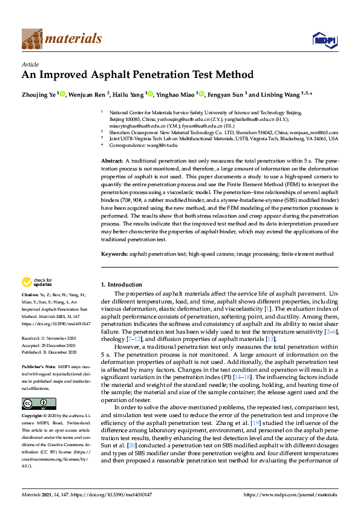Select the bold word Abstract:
point(112,160)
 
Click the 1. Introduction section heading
point(121,284)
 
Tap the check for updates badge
point(36,282)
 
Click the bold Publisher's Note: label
point(39,366)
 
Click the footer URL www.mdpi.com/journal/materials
point(290,495)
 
